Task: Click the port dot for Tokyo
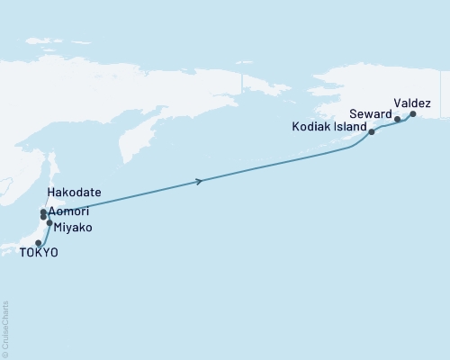38,243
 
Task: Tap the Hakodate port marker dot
43,212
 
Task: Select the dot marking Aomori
43,217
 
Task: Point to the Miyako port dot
49,222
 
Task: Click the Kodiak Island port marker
372,132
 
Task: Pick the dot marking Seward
397,119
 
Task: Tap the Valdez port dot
413,114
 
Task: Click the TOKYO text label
39,254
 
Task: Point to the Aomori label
70,211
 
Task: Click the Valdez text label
413,103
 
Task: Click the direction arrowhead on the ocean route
198,182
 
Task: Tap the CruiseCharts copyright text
5,328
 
